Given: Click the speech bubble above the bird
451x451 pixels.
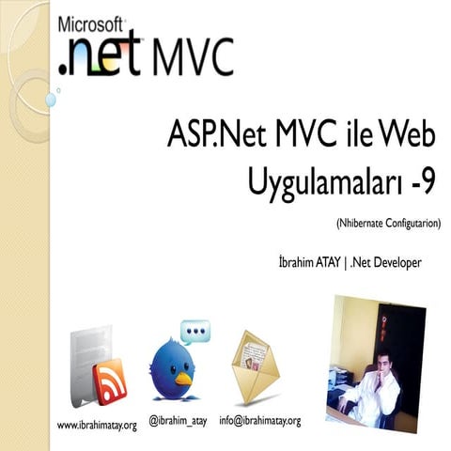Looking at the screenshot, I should tap(195, 331).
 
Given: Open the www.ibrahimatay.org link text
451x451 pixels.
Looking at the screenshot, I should tap(98, 425).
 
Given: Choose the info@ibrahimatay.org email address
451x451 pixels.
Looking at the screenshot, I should tap(259, 419).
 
